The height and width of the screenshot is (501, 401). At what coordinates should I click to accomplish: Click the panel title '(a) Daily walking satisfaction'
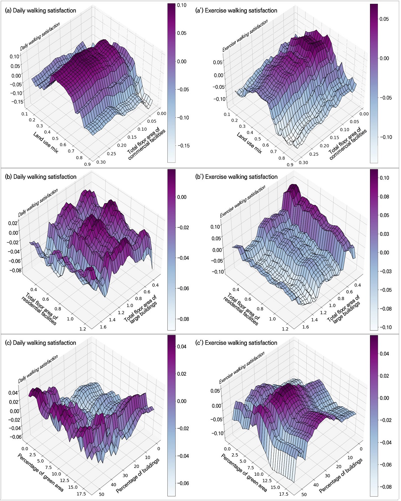pos(40,11)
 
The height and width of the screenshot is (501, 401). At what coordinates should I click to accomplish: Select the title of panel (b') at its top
pos(236,177)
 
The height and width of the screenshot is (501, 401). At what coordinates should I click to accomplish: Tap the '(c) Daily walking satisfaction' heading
pos(40,343)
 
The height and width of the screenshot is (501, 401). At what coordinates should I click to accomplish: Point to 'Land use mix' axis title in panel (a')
pos(249,143)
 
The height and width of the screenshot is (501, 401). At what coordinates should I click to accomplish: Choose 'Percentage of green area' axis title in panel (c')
pos(244,472)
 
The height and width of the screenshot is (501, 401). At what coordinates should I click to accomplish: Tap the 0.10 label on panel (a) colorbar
pos(182,5)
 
